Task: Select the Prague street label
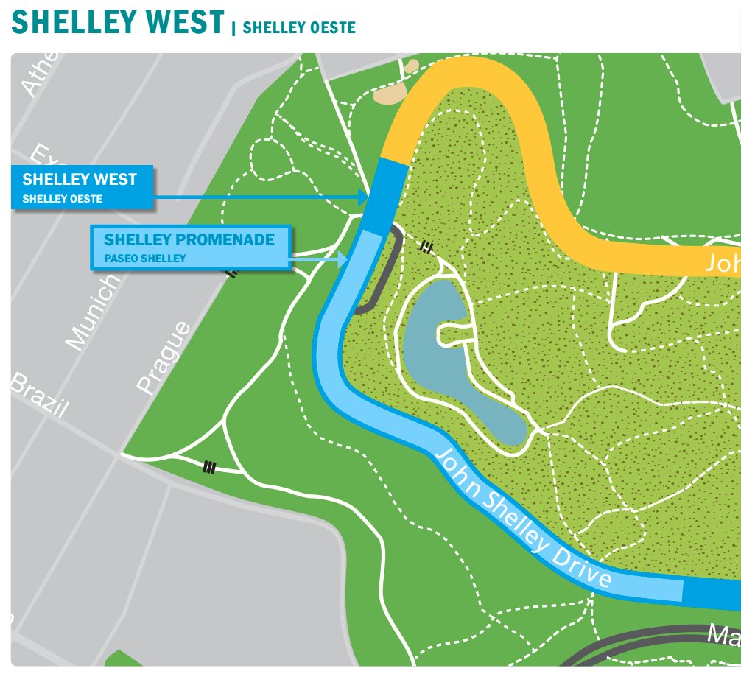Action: pyautogui.click(x=163, y=357)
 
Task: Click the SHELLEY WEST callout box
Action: pyautogui.click(x=82, y=187)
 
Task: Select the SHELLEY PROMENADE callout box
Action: pyautogui.click(x=191, y=248)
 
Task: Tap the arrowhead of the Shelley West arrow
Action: pyautogui.click(x=362, y=197)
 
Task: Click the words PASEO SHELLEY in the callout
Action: pyautogui.click(x=145, y=259)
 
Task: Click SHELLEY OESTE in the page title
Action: pyautogui.click(x=299, y=28)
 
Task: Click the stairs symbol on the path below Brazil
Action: pyautogui.click(x=210, y=466)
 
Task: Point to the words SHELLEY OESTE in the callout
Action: pyautogui.click(x=63, y=199)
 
